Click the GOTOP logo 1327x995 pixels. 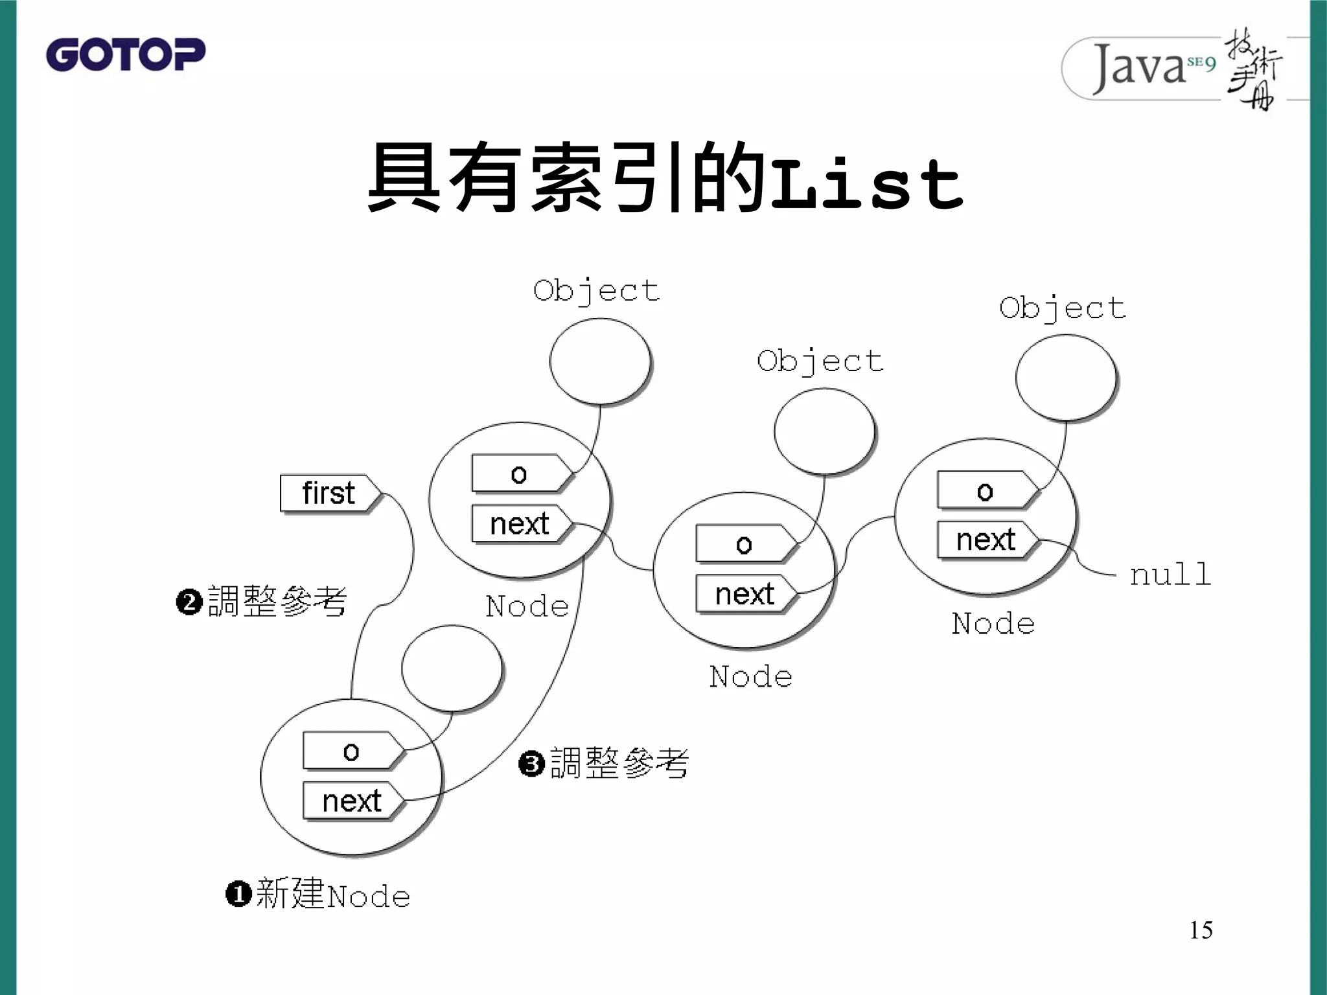point(125,54)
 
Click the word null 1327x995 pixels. point(1170,575)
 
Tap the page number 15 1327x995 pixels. point(1200,930)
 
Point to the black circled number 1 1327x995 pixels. point(238,895)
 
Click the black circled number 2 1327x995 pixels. point(189,602)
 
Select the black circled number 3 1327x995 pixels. point(531,764)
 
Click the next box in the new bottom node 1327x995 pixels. point(352,801)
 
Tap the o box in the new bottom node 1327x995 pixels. point(352,751)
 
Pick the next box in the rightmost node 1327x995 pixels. point(986,540)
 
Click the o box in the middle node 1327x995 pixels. point(744,544)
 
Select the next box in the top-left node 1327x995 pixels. point(520,523)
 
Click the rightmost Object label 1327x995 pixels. point(1062,308)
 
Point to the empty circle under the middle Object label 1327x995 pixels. point(824,431)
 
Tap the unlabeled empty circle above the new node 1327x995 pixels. point(452,669)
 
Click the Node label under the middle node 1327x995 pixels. point(750,677)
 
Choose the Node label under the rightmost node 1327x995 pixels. point(993,624)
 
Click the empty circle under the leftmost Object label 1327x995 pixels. point(599,361)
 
